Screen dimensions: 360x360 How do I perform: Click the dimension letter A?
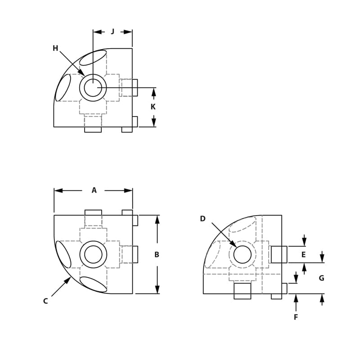pos(94,190)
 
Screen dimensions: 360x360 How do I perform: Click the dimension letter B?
pos(157,255)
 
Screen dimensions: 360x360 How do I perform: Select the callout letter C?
pos(45,301)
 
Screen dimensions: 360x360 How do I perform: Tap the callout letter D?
pos(202,219)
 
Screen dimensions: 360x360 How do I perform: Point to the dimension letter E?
pos(303,255)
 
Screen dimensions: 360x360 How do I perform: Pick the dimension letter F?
pos(296,317)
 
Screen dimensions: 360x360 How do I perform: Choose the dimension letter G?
pos(321,278)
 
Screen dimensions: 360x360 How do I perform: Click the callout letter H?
pos(55,48)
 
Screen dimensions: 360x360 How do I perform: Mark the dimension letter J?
pos(112,31)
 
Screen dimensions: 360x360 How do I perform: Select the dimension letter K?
pos(153,107)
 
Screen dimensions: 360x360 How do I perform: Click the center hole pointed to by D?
pos(243,255)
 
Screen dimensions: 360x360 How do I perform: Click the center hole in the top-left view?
pos(93,88)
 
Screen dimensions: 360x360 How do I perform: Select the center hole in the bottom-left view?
pos(93,255)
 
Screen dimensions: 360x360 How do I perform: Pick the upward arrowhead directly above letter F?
pos(296,298)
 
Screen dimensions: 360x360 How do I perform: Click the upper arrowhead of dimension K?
pos(153,92)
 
